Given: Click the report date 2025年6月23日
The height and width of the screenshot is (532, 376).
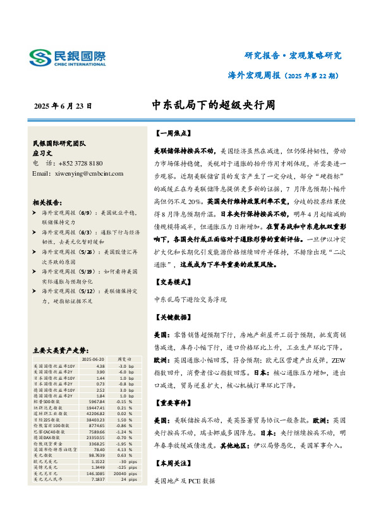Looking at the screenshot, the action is [x=63, y=106].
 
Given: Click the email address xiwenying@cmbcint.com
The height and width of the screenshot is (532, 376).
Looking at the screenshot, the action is [x=76, y=172].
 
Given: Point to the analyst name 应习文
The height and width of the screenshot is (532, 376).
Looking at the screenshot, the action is [x=42, y=153].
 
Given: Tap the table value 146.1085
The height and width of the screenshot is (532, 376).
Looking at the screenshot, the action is [x=95, y=473].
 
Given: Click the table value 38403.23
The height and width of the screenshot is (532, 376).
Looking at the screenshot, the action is [x=95, y=420].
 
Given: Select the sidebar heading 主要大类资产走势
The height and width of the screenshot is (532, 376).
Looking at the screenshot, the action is [x=58, y=349].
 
